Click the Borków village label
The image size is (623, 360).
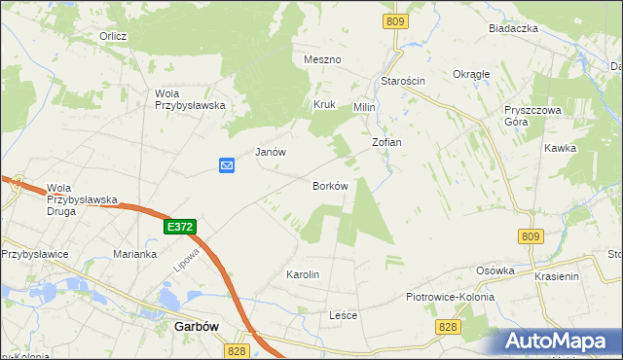(330, 186)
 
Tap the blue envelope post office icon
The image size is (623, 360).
(226, 165)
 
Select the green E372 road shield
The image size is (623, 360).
(180, 227)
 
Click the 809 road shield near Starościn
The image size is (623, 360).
(394, 21)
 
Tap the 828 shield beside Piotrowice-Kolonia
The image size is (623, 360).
(448, 327)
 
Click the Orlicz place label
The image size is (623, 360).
(113, 36)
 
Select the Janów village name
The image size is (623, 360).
(270, 152)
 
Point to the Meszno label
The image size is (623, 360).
(322, 59)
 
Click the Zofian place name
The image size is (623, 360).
(386, 142)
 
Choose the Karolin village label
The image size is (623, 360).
(302, 275)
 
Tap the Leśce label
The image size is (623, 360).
(344, 316)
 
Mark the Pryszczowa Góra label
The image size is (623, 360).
(533, 117)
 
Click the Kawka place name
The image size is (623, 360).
(561, 149)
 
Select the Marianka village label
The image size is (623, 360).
(134, 254)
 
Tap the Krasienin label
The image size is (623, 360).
(557, 276)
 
